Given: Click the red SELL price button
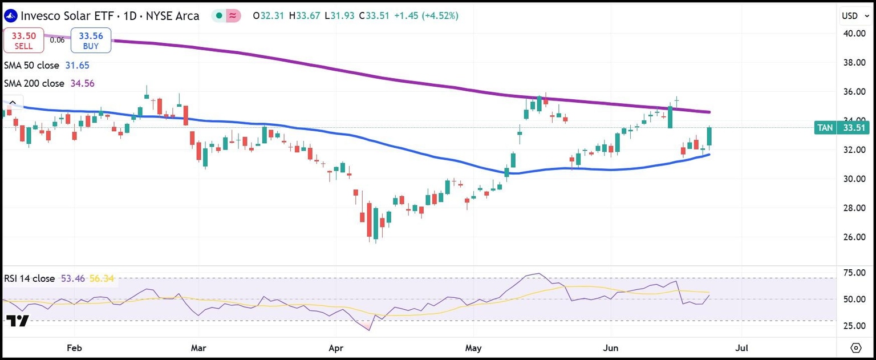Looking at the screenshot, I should (23, 40).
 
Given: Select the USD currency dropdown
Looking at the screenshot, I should (853, 15).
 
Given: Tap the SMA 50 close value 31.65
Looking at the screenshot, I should (77, 65).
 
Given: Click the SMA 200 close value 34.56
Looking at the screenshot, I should (82, 83).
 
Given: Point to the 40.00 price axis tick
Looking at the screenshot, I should (854, 33).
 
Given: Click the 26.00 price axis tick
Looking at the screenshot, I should (854, 237).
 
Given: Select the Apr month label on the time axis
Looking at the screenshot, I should (336, 347).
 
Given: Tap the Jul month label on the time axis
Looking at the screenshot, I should (742, 347).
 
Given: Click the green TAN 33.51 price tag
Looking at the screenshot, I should (842, 128).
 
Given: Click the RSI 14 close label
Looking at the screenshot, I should (30, 278).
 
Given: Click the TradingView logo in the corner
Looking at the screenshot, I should (17, 321).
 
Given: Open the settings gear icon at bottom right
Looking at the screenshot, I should (855, 347).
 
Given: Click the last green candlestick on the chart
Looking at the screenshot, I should (709, 137).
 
